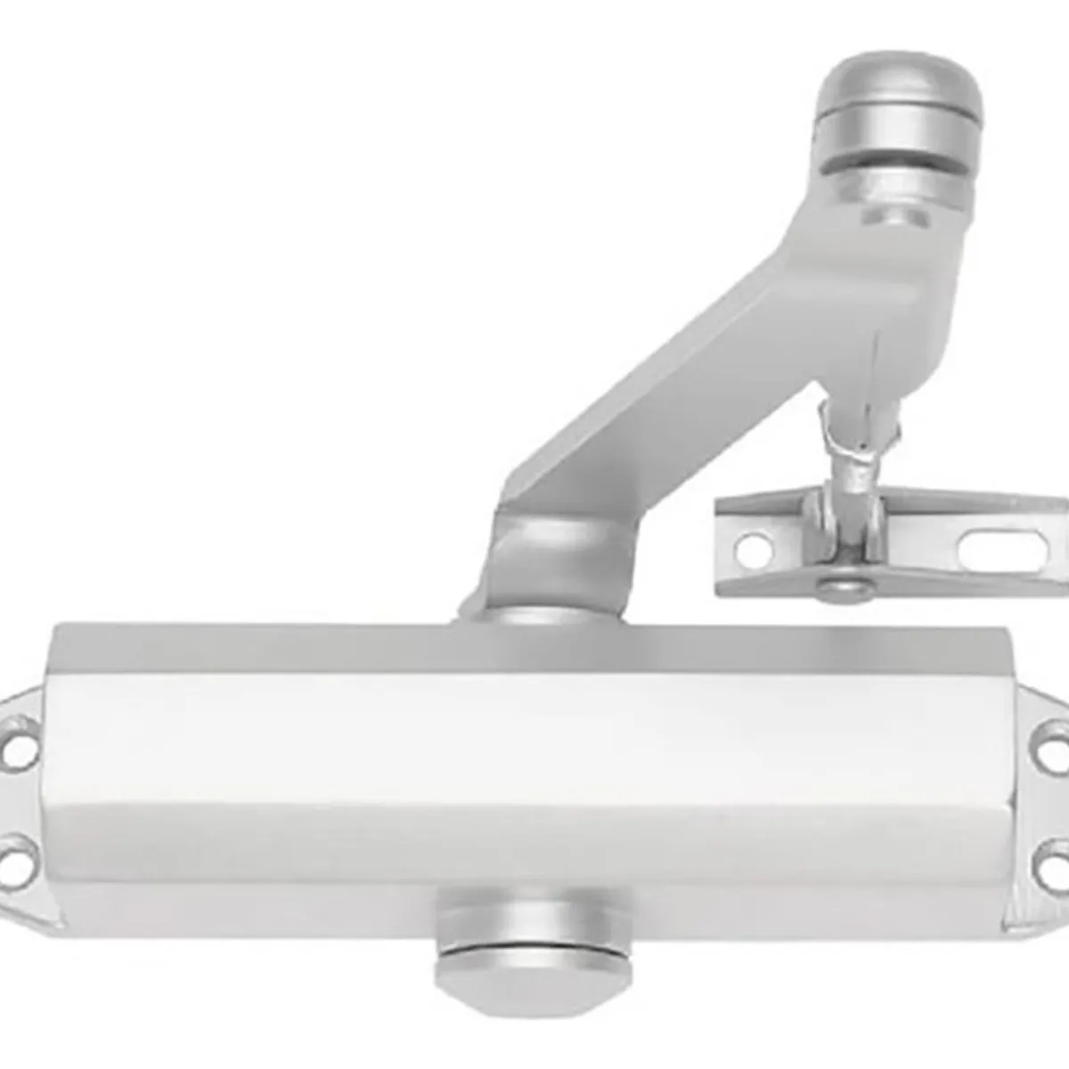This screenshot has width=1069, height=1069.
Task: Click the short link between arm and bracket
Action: click(853, 445)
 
